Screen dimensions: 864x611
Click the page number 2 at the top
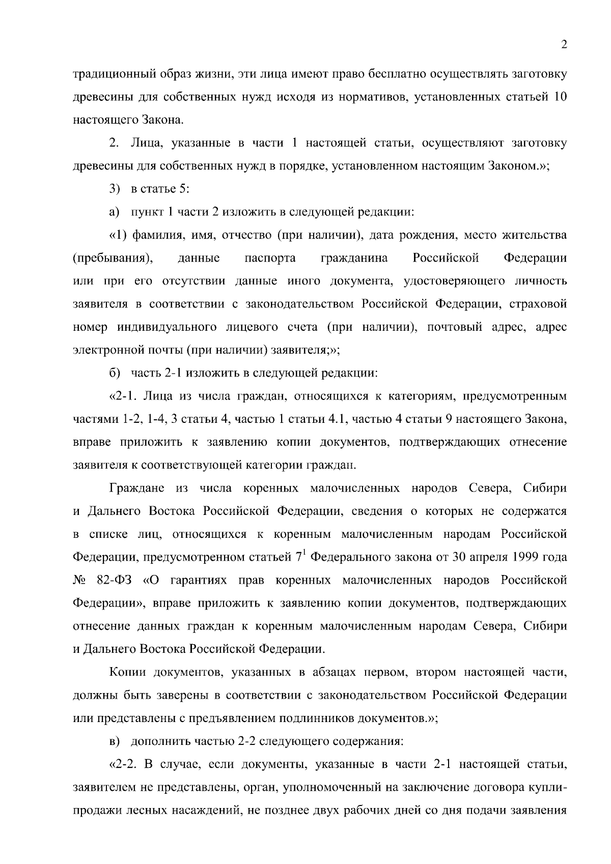[564, 45]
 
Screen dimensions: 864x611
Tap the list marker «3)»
[114, 189]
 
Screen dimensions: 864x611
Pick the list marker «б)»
[114, 373]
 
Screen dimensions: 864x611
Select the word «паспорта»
[270, 258]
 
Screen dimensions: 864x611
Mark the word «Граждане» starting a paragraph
[137, 488]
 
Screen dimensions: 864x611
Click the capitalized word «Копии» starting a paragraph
[127, 672]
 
